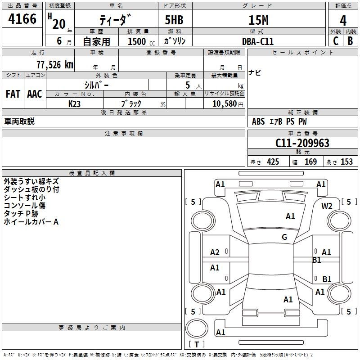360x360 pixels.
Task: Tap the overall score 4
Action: click(x=343, y=20)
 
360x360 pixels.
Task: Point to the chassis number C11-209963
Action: click(x=302, y=143)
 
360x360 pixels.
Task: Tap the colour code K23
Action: click(x=74, y=103)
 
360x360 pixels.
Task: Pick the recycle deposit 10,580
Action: click(x=221, y=103)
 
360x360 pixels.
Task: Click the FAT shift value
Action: click(x=13, y=94)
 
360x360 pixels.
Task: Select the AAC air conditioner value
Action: click(x=34, y=94)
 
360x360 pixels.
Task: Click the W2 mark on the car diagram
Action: click(x=327, y=206)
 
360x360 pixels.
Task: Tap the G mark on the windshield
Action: click(x=284, y=237)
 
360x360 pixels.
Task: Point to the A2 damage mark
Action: click(x=215, y=252)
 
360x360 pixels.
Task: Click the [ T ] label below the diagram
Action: click(x=196, y=344)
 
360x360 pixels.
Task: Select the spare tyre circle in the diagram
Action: click(x=197, y=328)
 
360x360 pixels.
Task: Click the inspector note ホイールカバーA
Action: click(x=31, y=222)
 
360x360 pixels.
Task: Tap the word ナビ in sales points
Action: click(x=255, y=73)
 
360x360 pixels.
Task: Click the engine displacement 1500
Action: click(x=137, y=41)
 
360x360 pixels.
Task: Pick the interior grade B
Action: click(x=350, y=41)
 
